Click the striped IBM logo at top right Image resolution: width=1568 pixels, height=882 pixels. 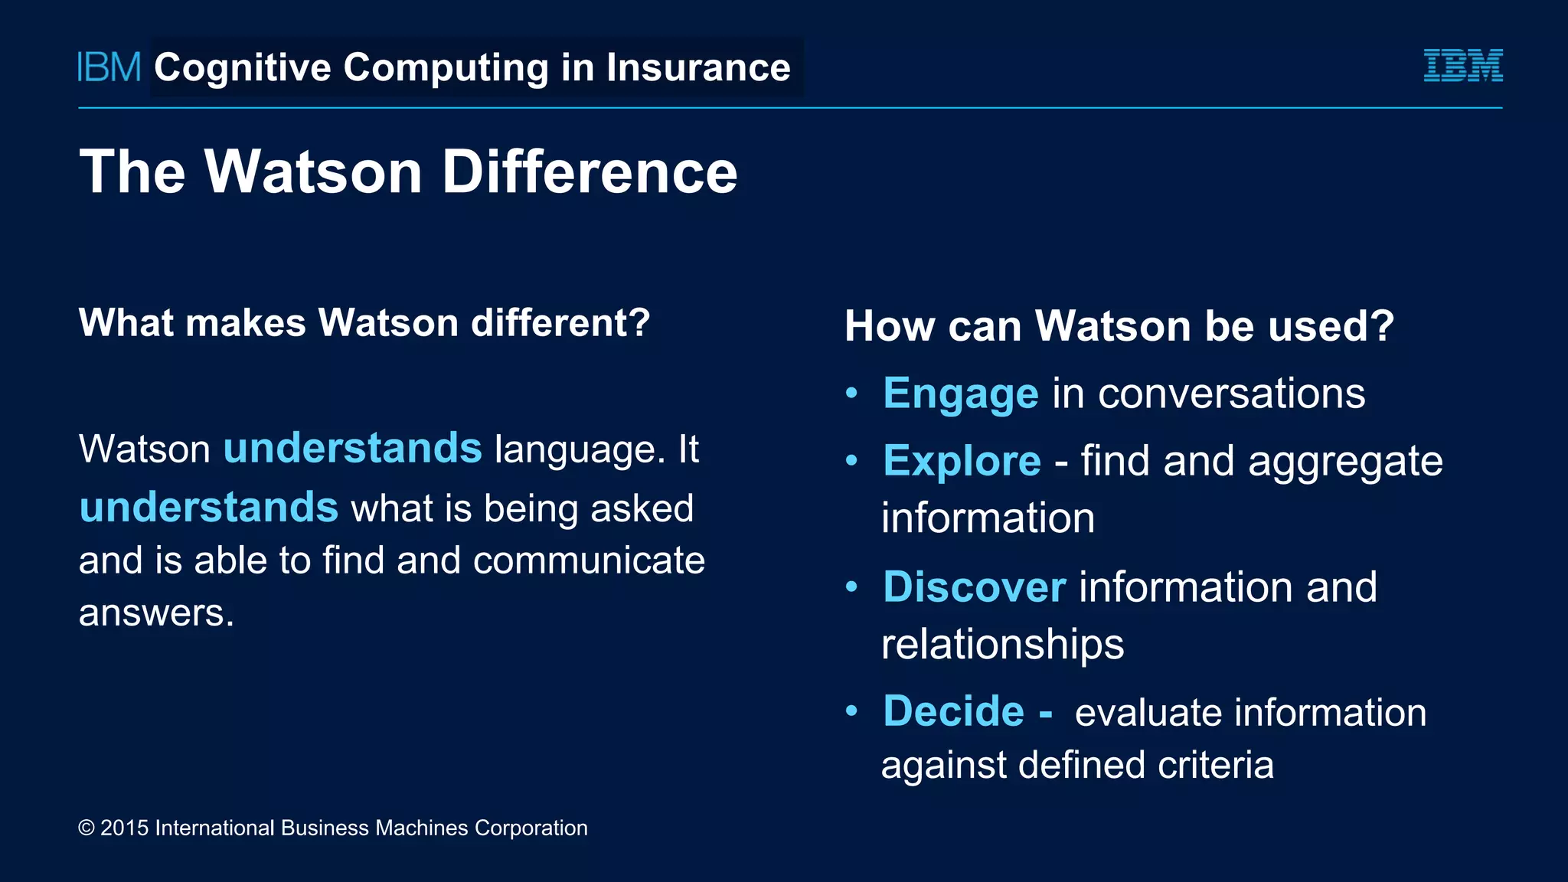[1462, 66]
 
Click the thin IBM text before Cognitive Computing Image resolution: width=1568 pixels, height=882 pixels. [109, 67]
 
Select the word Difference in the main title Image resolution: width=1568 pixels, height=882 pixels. [590, 171]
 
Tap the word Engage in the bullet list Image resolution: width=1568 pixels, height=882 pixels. [960, 394]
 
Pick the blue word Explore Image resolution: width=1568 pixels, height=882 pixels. [962, 461]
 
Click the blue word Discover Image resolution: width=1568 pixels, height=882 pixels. [974, 587]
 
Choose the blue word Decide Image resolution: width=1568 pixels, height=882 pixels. [953, 711]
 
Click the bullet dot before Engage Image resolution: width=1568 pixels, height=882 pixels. [851, 394]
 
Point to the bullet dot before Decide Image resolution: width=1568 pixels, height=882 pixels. [851, 710]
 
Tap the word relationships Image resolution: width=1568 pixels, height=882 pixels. [1002, 645]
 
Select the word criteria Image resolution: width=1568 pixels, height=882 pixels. [1215, 765]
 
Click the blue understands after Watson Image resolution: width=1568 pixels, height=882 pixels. [352, 448]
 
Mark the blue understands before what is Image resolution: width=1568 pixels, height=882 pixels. [208, 508]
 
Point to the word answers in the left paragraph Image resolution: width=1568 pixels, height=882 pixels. [156, 612]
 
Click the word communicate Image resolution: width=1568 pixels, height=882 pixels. [589, 560]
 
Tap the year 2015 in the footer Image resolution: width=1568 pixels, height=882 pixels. [124, 828]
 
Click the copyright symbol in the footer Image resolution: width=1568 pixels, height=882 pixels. [87, 828]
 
